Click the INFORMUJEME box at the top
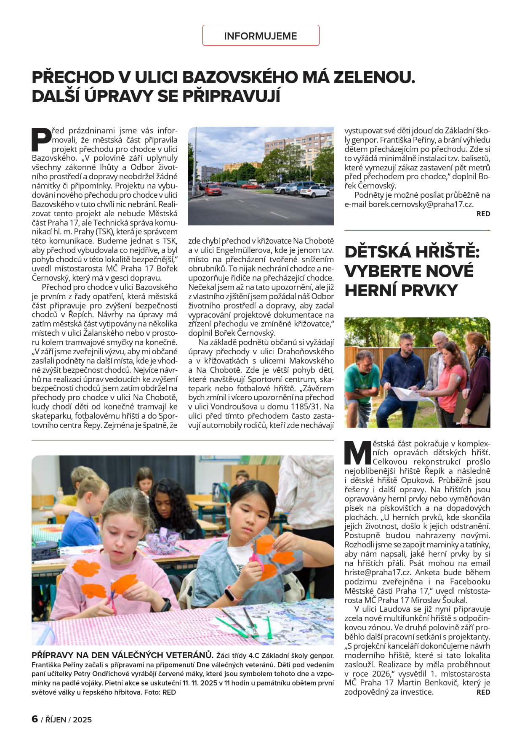click(261, 36)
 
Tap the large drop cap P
click(41, 140)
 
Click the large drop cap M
click(358, 453)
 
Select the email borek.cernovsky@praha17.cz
click(421, 204)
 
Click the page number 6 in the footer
click(35, 719)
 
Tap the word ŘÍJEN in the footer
click(56, 719)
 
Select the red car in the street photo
click(213, 190)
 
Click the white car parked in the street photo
click(314, 191)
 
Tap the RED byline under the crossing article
click(483, 214)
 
